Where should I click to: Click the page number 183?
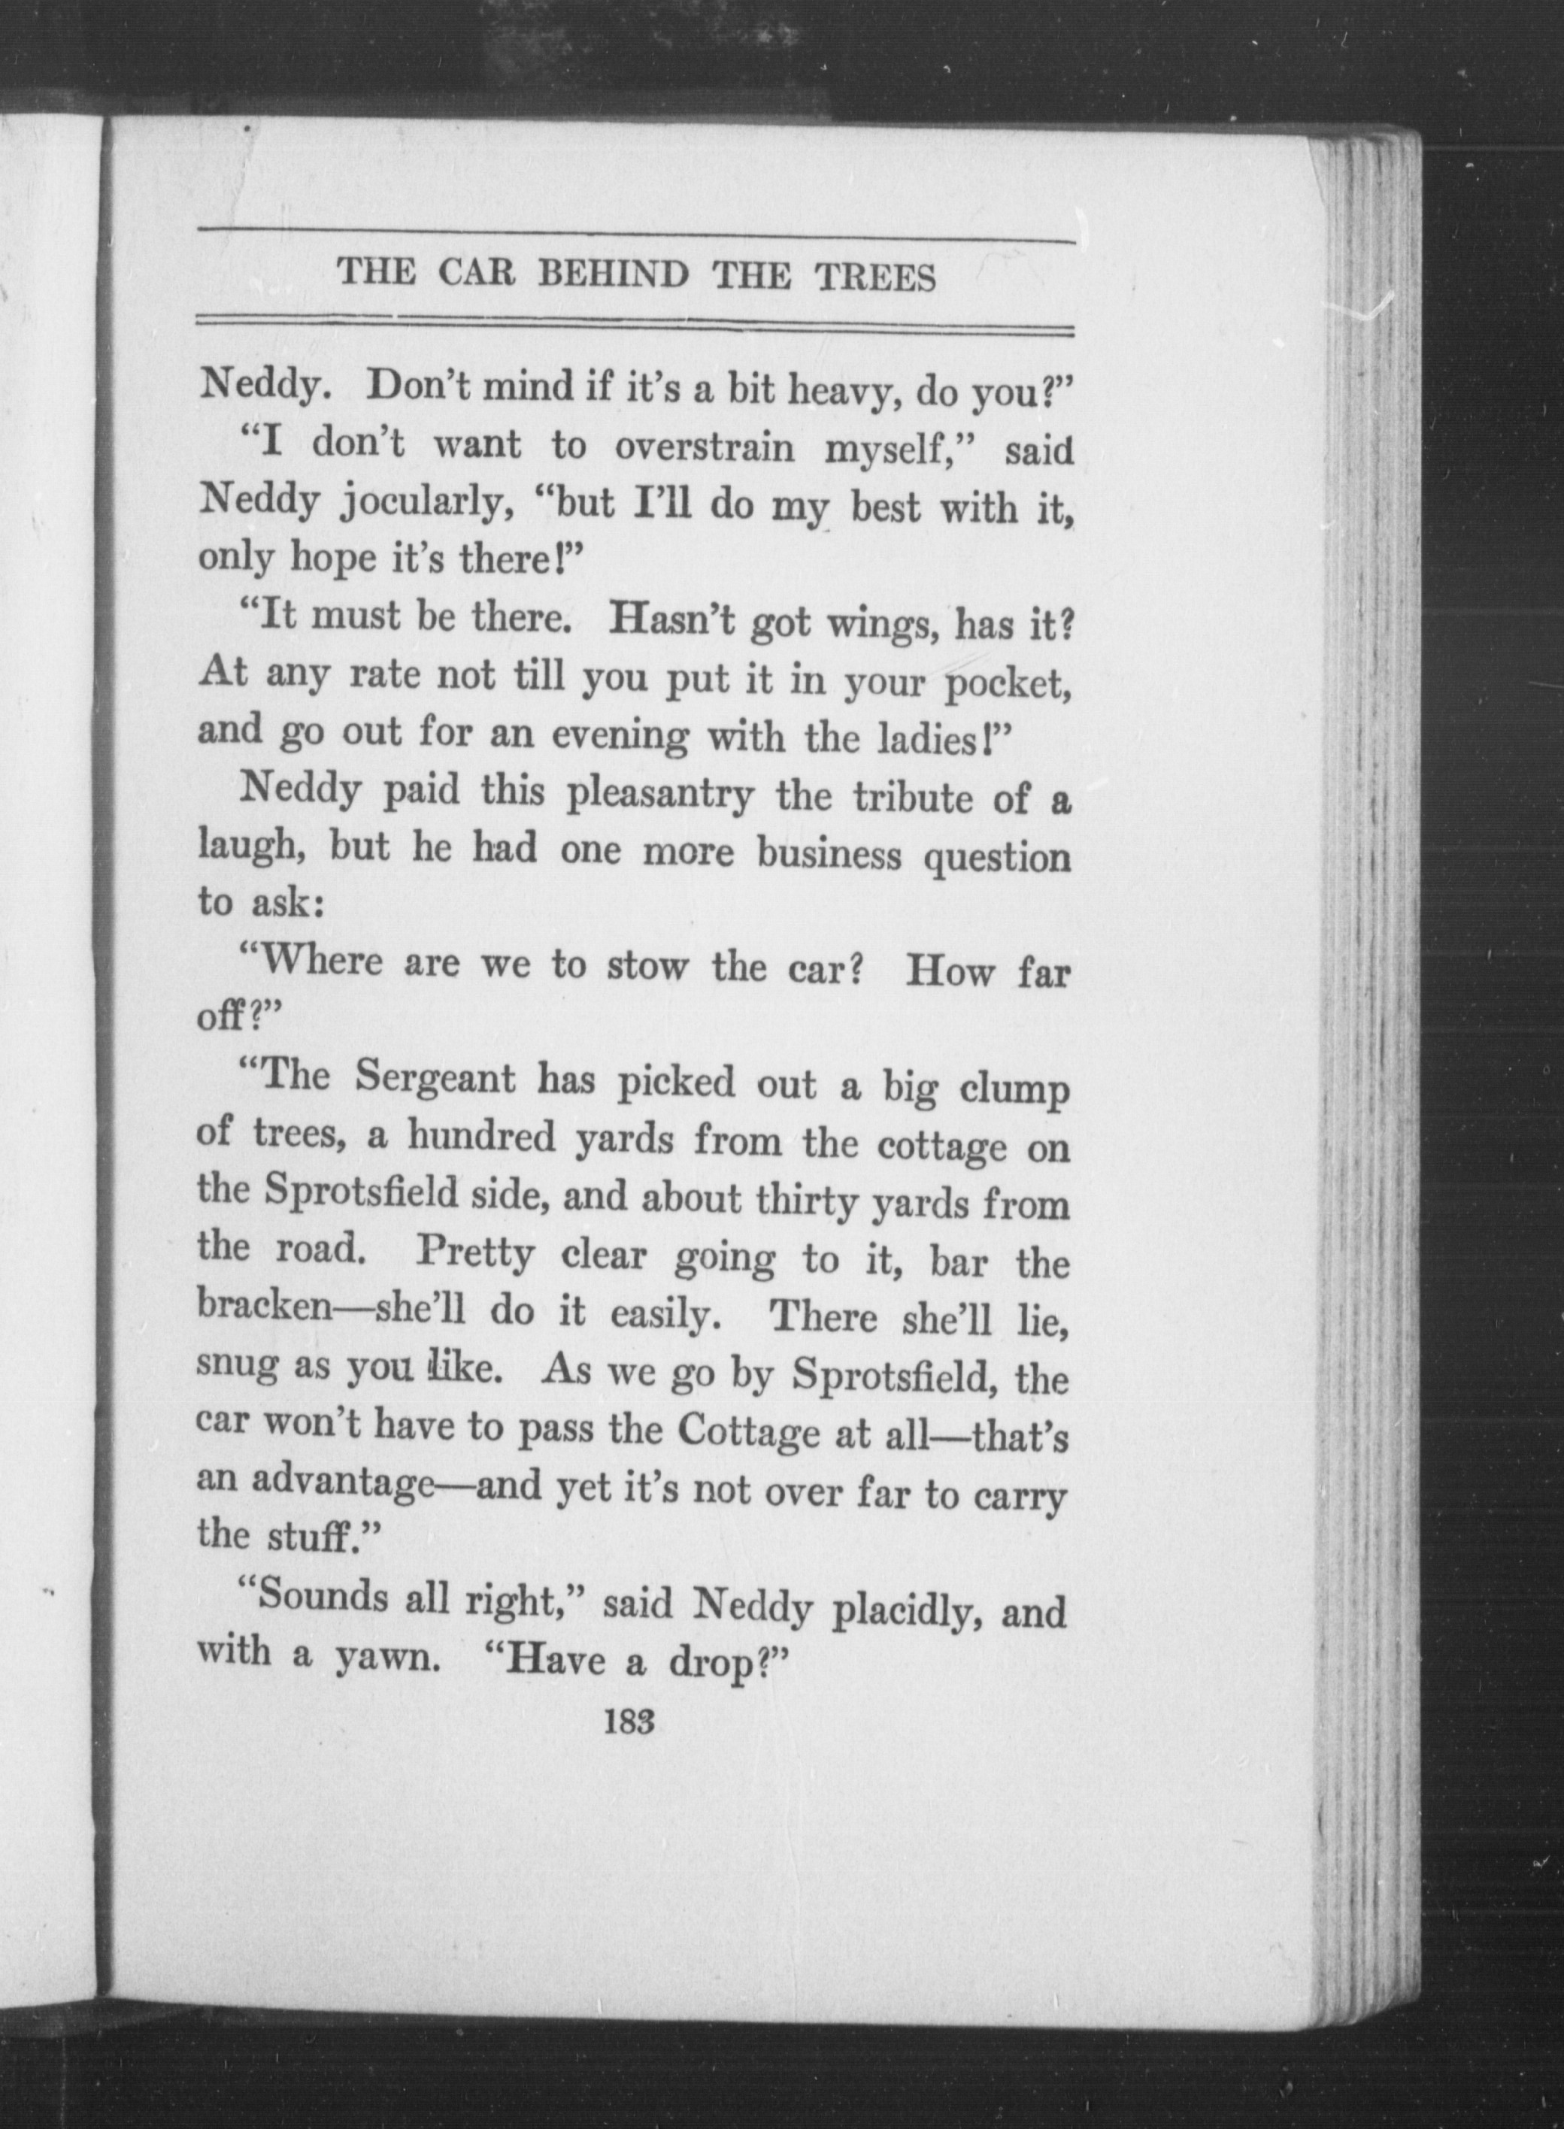coord(628,1720)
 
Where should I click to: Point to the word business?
coord(829,855)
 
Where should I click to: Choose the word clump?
coord(1015,1089)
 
